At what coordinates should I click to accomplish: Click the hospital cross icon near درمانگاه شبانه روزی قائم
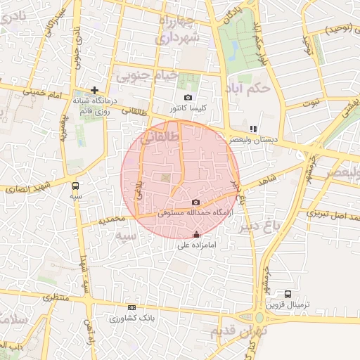[x=95, y=90]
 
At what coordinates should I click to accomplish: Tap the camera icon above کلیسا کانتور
[x=188, y=97]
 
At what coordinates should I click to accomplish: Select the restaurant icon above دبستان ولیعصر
[x=253, y=128]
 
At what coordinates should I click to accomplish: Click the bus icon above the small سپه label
[x=75, y=186]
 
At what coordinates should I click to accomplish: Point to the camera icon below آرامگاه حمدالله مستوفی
[x=195, y=202]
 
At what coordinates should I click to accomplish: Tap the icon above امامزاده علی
[x=195, y=234]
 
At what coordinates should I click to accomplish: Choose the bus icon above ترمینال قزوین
[x=288, y=294]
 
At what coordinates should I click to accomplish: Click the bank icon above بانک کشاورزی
[x=131, y=308]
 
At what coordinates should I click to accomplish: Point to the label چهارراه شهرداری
[x=185, y=29]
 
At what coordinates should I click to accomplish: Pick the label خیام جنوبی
[x=144, y=74]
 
